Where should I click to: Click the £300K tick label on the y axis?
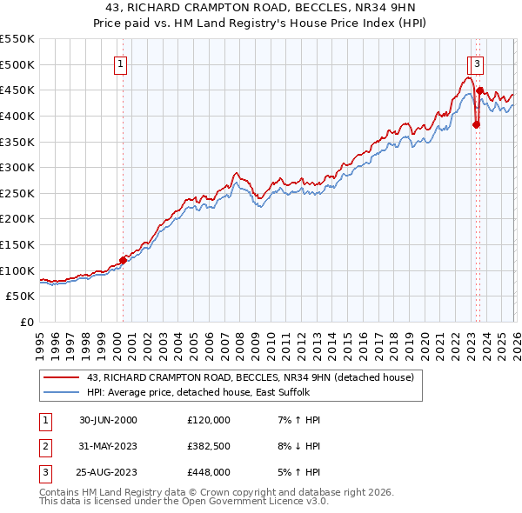pyautogui.click(x=17, y=167)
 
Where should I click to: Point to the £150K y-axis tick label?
pyautogui.click(x=17, y=244)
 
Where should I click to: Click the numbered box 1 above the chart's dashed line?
pyautogui.click(x=119, y=63)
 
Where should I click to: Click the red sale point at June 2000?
pyautogui.click(x=124, y=259)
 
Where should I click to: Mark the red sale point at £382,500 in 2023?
pyautogui.click(x=476, y=124)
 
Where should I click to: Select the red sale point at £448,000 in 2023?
pyautogui.click(x=480, y=90)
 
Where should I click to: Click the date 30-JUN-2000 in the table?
pyautogui.click(x=108, y=420)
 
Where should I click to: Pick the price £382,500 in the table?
pyautogui.click(x=209, y=446)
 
